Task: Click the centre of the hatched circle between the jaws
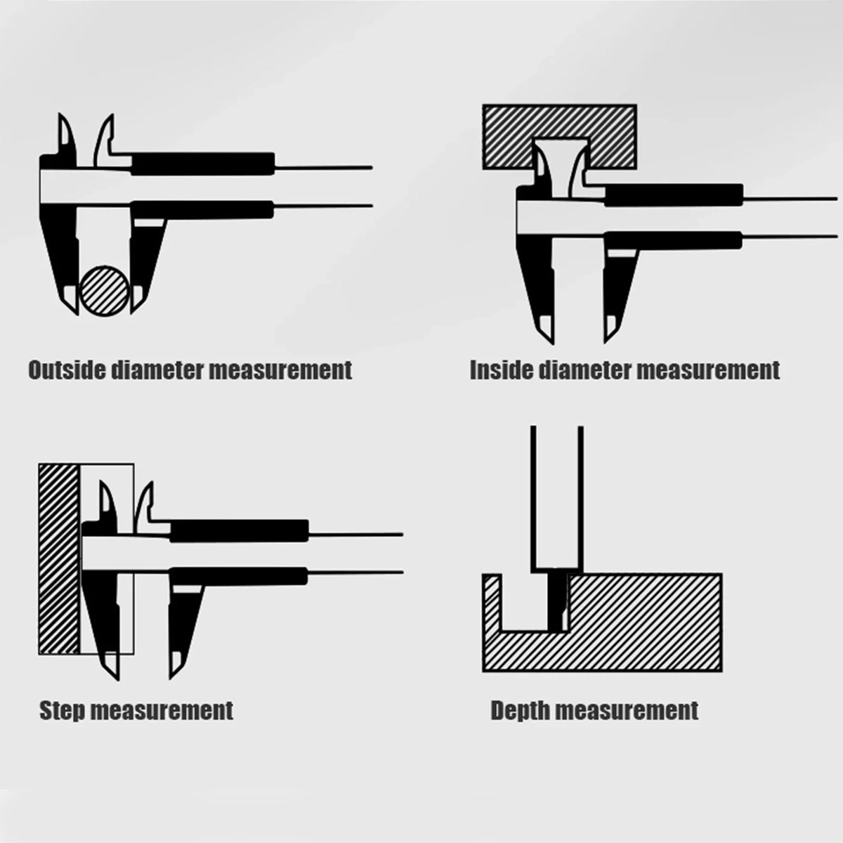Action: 105,291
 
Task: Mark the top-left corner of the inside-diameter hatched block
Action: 483,105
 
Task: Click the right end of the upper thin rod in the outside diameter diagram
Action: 372,167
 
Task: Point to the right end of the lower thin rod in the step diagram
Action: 403,572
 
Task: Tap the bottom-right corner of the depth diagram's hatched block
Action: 721,671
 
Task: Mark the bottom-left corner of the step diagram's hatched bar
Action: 39,654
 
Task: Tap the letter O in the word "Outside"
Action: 36,370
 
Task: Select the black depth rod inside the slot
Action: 557,601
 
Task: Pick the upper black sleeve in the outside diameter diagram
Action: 203,164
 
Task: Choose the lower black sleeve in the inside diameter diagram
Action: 673,241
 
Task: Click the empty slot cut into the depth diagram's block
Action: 524,603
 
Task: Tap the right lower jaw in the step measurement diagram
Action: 184,621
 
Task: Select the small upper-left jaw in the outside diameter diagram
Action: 67,136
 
